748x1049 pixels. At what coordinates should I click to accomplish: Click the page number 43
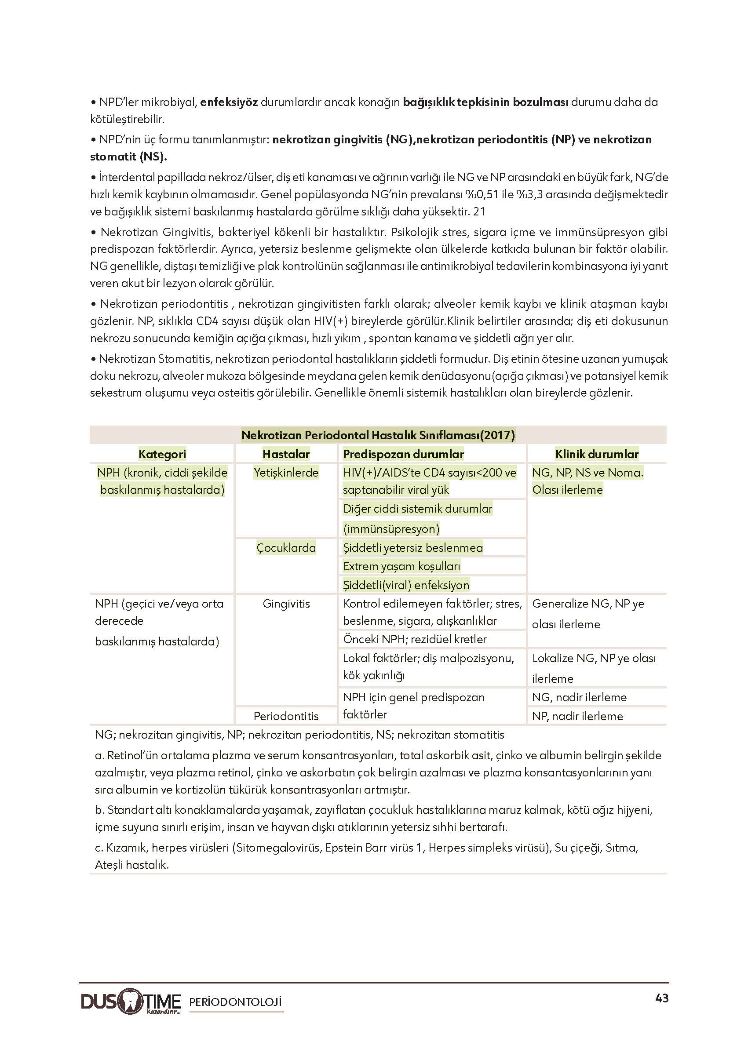[661, 998]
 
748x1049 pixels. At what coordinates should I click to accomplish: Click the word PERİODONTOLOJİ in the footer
[235, 1002]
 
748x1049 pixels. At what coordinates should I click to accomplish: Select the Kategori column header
[162, 454]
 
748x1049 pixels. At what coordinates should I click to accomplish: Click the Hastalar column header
[286, 454]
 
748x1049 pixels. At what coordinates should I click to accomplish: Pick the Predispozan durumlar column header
[403, 454]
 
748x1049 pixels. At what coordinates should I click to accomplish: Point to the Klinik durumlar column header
[596, 454]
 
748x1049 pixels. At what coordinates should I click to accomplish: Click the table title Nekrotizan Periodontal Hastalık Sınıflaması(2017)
[378, 435]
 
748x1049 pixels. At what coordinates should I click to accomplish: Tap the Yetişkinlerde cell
[286, 473]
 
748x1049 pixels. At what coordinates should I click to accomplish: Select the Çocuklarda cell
[286, 547]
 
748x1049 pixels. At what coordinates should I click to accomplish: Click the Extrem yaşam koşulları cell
[401, 566]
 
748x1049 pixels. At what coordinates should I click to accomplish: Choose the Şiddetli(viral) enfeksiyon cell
[406, 585]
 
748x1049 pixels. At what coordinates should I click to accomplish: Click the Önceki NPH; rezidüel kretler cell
[415, 639]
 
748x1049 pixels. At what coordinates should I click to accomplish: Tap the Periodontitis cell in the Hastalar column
[286, 716]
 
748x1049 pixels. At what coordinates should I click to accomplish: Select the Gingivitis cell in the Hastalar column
[286, 604]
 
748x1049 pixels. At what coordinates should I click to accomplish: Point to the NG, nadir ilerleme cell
[579, 697]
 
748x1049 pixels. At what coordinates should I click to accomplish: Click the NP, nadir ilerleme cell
[577, 716]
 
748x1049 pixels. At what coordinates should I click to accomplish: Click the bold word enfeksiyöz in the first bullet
[229, 102]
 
